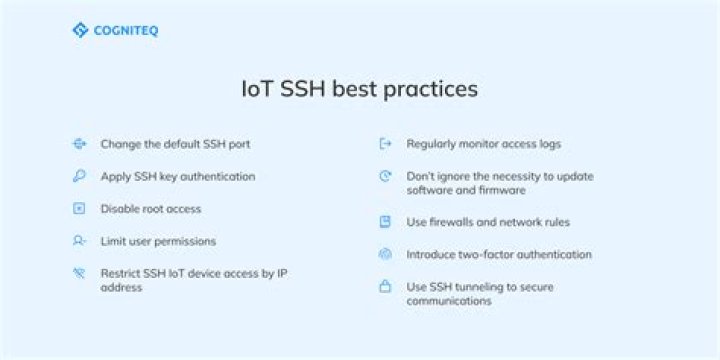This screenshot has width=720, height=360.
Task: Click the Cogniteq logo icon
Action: click(80, 30)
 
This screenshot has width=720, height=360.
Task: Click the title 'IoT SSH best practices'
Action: click(360, 89)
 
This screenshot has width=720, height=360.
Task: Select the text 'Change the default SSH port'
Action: click(175, 144)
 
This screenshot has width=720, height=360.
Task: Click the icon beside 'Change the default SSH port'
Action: click(79, 144)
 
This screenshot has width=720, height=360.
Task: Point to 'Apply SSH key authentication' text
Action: click(178, 176)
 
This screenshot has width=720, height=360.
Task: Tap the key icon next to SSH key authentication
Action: click(79, 176)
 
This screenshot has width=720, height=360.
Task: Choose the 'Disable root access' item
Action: click(151, 209)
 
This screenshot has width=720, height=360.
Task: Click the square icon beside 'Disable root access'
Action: click(79, 209)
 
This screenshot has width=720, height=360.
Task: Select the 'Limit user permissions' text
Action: click(158, 241)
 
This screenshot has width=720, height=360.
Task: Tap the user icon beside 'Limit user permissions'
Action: click(79, 241)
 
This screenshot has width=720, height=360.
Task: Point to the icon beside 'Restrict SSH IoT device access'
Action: click(79, 273)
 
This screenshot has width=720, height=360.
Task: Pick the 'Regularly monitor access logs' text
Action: click(484, 144)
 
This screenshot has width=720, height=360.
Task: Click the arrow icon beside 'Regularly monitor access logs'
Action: click(385, 144)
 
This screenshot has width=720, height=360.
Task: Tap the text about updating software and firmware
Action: click(500, 183)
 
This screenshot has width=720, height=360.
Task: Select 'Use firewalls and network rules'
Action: click(488, 222)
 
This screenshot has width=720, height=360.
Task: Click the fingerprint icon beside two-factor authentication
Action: click(385, 254)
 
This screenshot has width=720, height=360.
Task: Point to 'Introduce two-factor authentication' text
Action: click(499, 254)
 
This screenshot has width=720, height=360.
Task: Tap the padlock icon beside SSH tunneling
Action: click(385, 287)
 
